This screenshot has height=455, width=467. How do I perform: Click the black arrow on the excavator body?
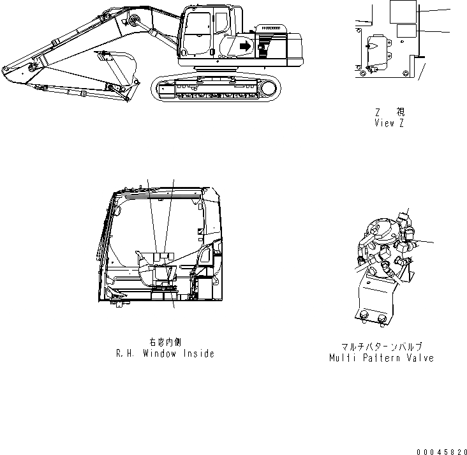(x=244, y=45)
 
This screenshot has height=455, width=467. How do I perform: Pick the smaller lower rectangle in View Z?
(x=405, y=31)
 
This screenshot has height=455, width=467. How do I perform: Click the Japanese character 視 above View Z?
(x=400, y=112)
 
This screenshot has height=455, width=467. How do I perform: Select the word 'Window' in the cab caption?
(x=159, y=353)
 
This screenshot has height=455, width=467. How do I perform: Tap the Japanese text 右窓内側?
(x=164, y=342)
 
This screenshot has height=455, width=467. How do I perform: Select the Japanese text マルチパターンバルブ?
(x=382, y=347)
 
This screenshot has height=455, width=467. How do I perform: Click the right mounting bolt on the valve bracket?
(x=383, y=318)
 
